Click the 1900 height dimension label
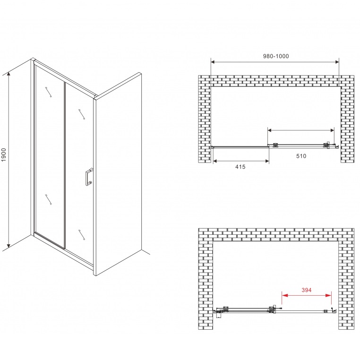3,155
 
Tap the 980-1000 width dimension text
276,56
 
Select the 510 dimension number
301,156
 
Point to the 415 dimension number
240,167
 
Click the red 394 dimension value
307,290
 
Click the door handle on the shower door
89,177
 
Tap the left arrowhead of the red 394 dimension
285,295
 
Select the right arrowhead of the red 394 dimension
328,295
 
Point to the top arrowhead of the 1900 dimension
9,74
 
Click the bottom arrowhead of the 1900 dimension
9,246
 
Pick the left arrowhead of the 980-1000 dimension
213,62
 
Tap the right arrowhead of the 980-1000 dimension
337,62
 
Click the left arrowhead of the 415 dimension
215,161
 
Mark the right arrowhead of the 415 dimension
267,161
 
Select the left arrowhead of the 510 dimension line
270,130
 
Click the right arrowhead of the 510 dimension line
332,130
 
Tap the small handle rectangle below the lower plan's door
218,315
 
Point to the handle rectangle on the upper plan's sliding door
328,145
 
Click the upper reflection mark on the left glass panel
49,92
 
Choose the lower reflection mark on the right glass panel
82,235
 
